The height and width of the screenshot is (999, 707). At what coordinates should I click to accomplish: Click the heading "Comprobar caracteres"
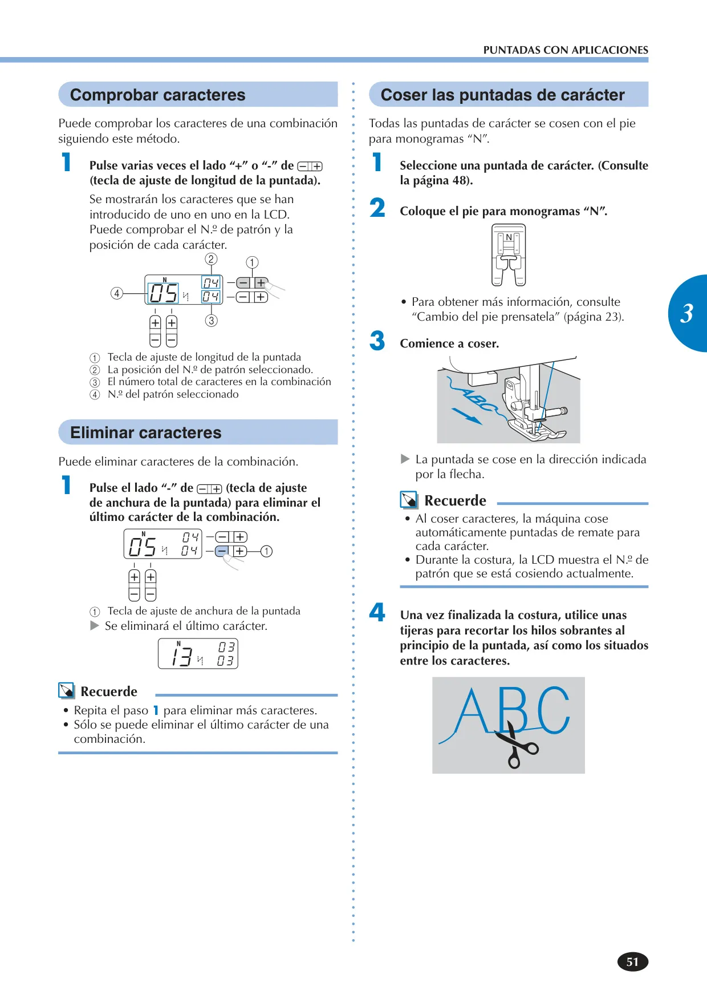157,95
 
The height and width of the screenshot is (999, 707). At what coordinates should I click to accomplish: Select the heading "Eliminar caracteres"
145,432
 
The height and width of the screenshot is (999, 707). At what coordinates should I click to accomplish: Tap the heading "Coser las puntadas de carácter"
502,95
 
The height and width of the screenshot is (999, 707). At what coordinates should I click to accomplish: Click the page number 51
633,962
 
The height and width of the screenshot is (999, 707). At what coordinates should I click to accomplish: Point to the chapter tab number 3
686,313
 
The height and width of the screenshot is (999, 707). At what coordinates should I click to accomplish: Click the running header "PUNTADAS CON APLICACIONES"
566,50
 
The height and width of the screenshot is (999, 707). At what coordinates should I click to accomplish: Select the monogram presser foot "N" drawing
509,254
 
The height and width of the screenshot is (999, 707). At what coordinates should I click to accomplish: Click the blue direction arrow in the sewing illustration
467,415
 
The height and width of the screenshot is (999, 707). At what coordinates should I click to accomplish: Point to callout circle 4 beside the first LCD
117,293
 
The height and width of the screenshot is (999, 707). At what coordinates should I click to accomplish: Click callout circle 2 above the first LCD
211,259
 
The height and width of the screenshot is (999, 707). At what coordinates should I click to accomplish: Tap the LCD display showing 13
198,653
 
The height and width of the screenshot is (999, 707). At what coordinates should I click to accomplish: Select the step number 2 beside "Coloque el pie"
377,208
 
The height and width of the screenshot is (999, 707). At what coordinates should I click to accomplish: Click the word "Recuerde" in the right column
455,500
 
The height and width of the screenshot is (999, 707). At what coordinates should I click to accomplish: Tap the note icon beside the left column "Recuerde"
67,691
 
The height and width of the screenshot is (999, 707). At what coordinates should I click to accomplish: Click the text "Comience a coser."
449,343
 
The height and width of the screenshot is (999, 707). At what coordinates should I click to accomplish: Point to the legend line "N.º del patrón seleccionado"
173,394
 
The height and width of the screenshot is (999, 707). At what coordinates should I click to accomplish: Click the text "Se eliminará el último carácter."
186,626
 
